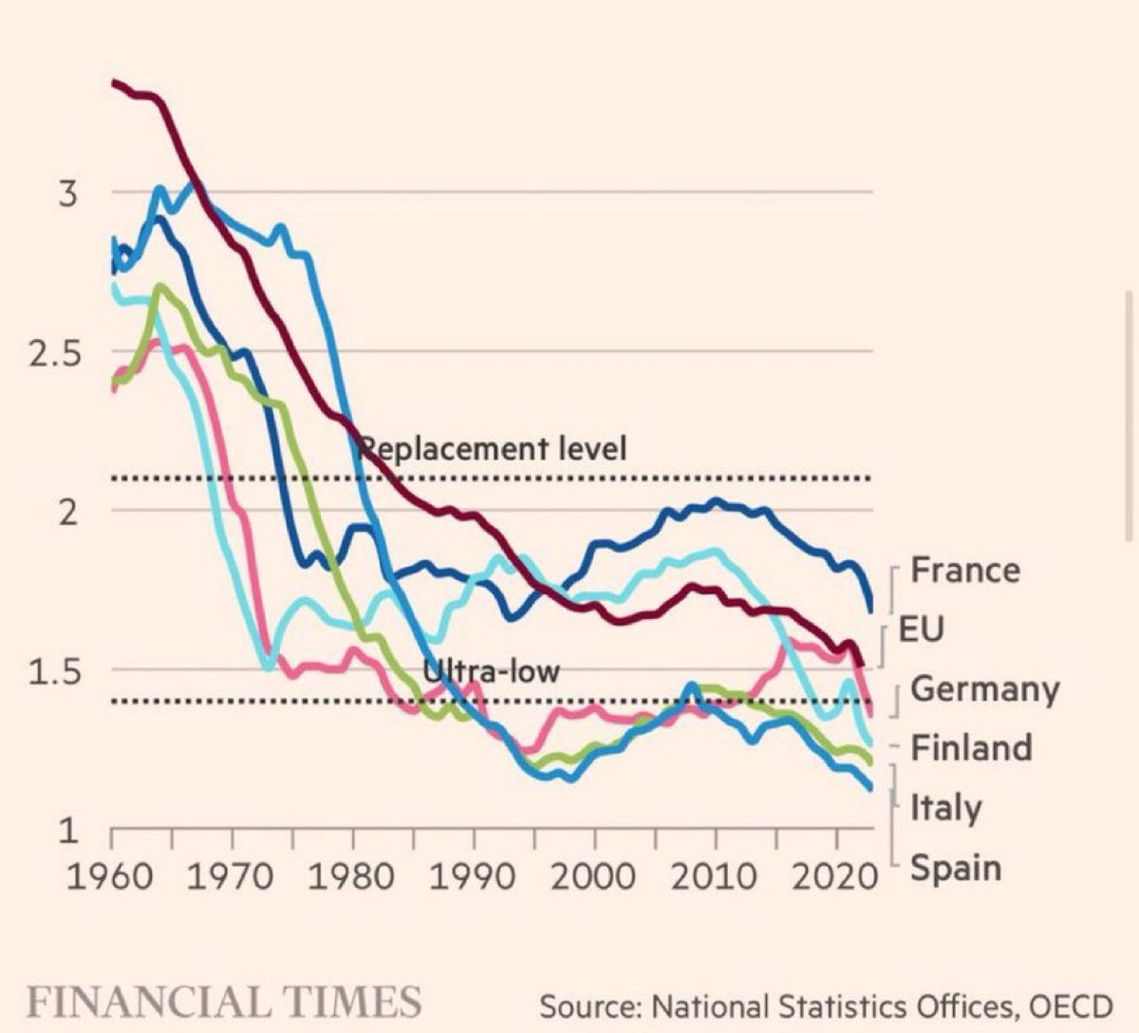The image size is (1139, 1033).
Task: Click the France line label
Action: coord(965,571)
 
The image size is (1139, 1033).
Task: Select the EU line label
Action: coord(921,629)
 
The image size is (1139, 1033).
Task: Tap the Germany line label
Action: coord(984,689)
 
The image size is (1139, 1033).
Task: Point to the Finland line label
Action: coord(971,748)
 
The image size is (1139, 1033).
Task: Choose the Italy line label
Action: coord(946,809)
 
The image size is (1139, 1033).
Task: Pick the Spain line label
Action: coord(956,868)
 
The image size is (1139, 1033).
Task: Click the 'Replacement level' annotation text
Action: coord(495,448)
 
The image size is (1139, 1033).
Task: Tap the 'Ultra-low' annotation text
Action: coord(491,671)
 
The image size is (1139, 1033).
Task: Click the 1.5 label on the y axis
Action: coord(55,671)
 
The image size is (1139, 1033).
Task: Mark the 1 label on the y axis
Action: coord(67,831)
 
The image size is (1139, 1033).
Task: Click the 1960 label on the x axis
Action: coord(111,876)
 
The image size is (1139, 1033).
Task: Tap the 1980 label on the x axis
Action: coord(352,876)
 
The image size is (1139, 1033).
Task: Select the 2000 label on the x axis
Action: coord(594,876)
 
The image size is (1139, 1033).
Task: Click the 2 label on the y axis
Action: coord(67,513)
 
